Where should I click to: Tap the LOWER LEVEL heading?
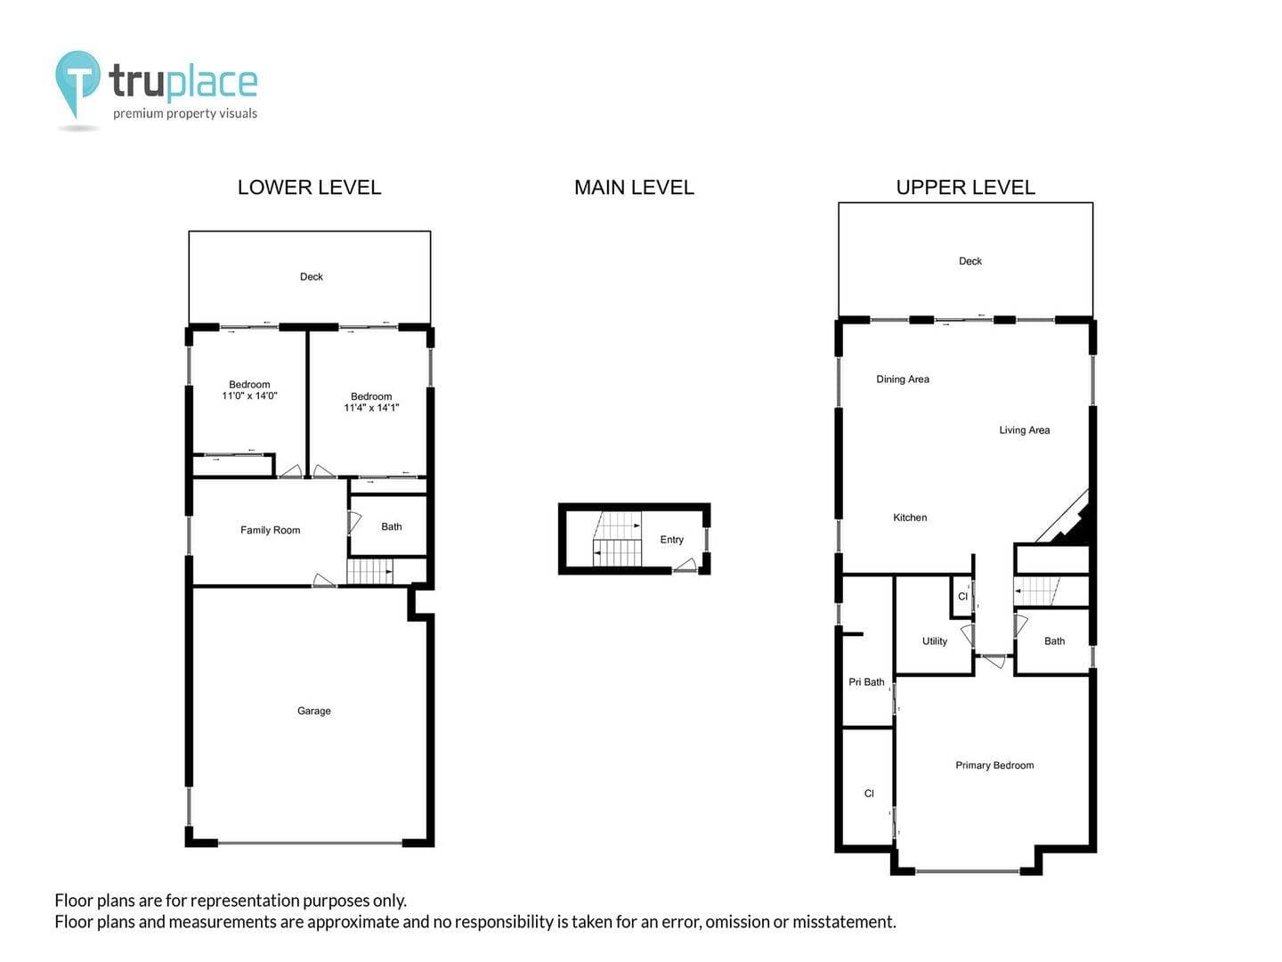pyautogui.click(x=309, y=187)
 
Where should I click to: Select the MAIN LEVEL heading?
pyautogui.click(x=634, y=187)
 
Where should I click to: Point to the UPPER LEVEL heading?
pyautogui.click(x=965, y=187)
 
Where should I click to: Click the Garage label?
pyautogui.click(x=313, y=711)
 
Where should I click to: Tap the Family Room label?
pyautogui.click(x=270, y=530)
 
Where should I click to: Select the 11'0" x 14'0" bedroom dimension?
pyautogui.click(x=249, y=395)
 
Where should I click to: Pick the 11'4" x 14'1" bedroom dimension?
pyautogui.click(x=371, y=408)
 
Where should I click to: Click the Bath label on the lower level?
pyautogui.click(x=392, y=526)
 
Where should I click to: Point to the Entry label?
pyautogui.click(x=671, y=540)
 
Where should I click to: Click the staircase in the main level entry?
pyautogui.click(x=617, y=539)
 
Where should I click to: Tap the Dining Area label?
pyautogui.click(x=903, y=379)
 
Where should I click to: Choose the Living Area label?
pyautogui.click(x=1024, y=430)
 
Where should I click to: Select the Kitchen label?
pyautogui.click(x=909, y=518)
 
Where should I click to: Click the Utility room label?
pyautogui.click(x=934, y=640)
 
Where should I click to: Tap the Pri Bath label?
pyautogui.click(x=866, y=681)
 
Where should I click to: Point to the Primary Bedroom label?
pyautogui.click(x=994, y=765)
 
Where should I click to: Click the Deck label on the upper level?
pyautogui.click(x=970, y=261)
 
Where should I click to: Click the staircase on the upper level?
pyautogui.click(x=1036, y=591)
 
